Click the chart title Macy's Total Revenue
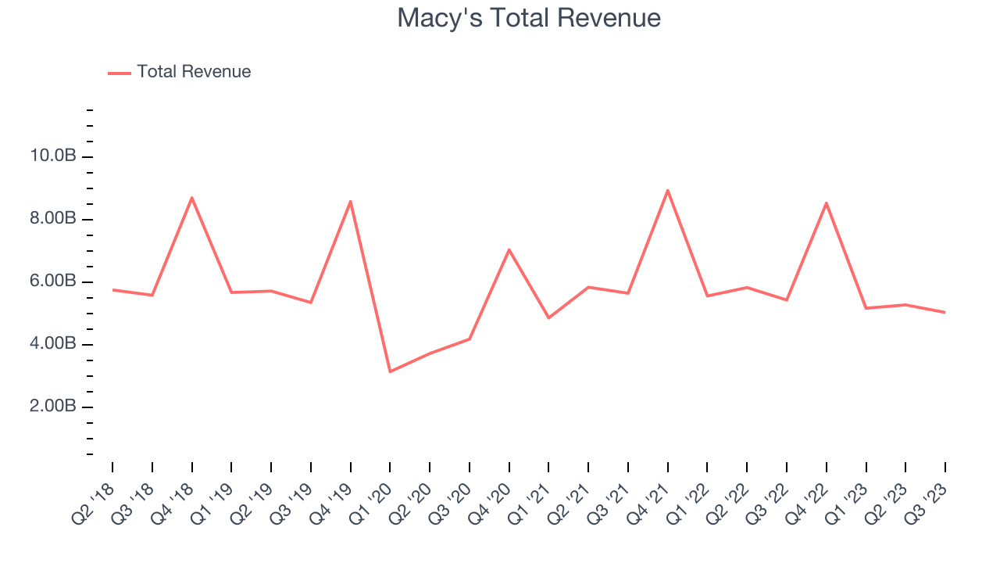[x=529, y=18]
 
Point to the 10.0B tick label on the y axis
[x=53, y=156]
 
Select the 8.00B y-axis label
[x=53, y=219]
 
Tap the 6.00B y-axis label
[x=53, y=281]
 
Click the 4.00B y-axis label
[x=53, y=344]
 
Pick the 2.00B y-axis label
[x=53, y=407]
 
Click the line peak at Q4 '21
[x=667, y=190]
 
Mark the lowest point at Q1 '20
[x=390, y=371]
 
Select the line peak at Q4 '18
[x=191, y=198]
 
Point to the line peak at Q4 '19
[x=351, y=201]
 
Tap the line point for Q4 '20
[x=509, y=249]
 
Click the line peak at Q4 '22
[x=826, y=203]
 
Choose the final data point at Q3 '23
[x=945, y=312]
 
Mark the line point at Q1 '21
[x=548, y=317]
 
